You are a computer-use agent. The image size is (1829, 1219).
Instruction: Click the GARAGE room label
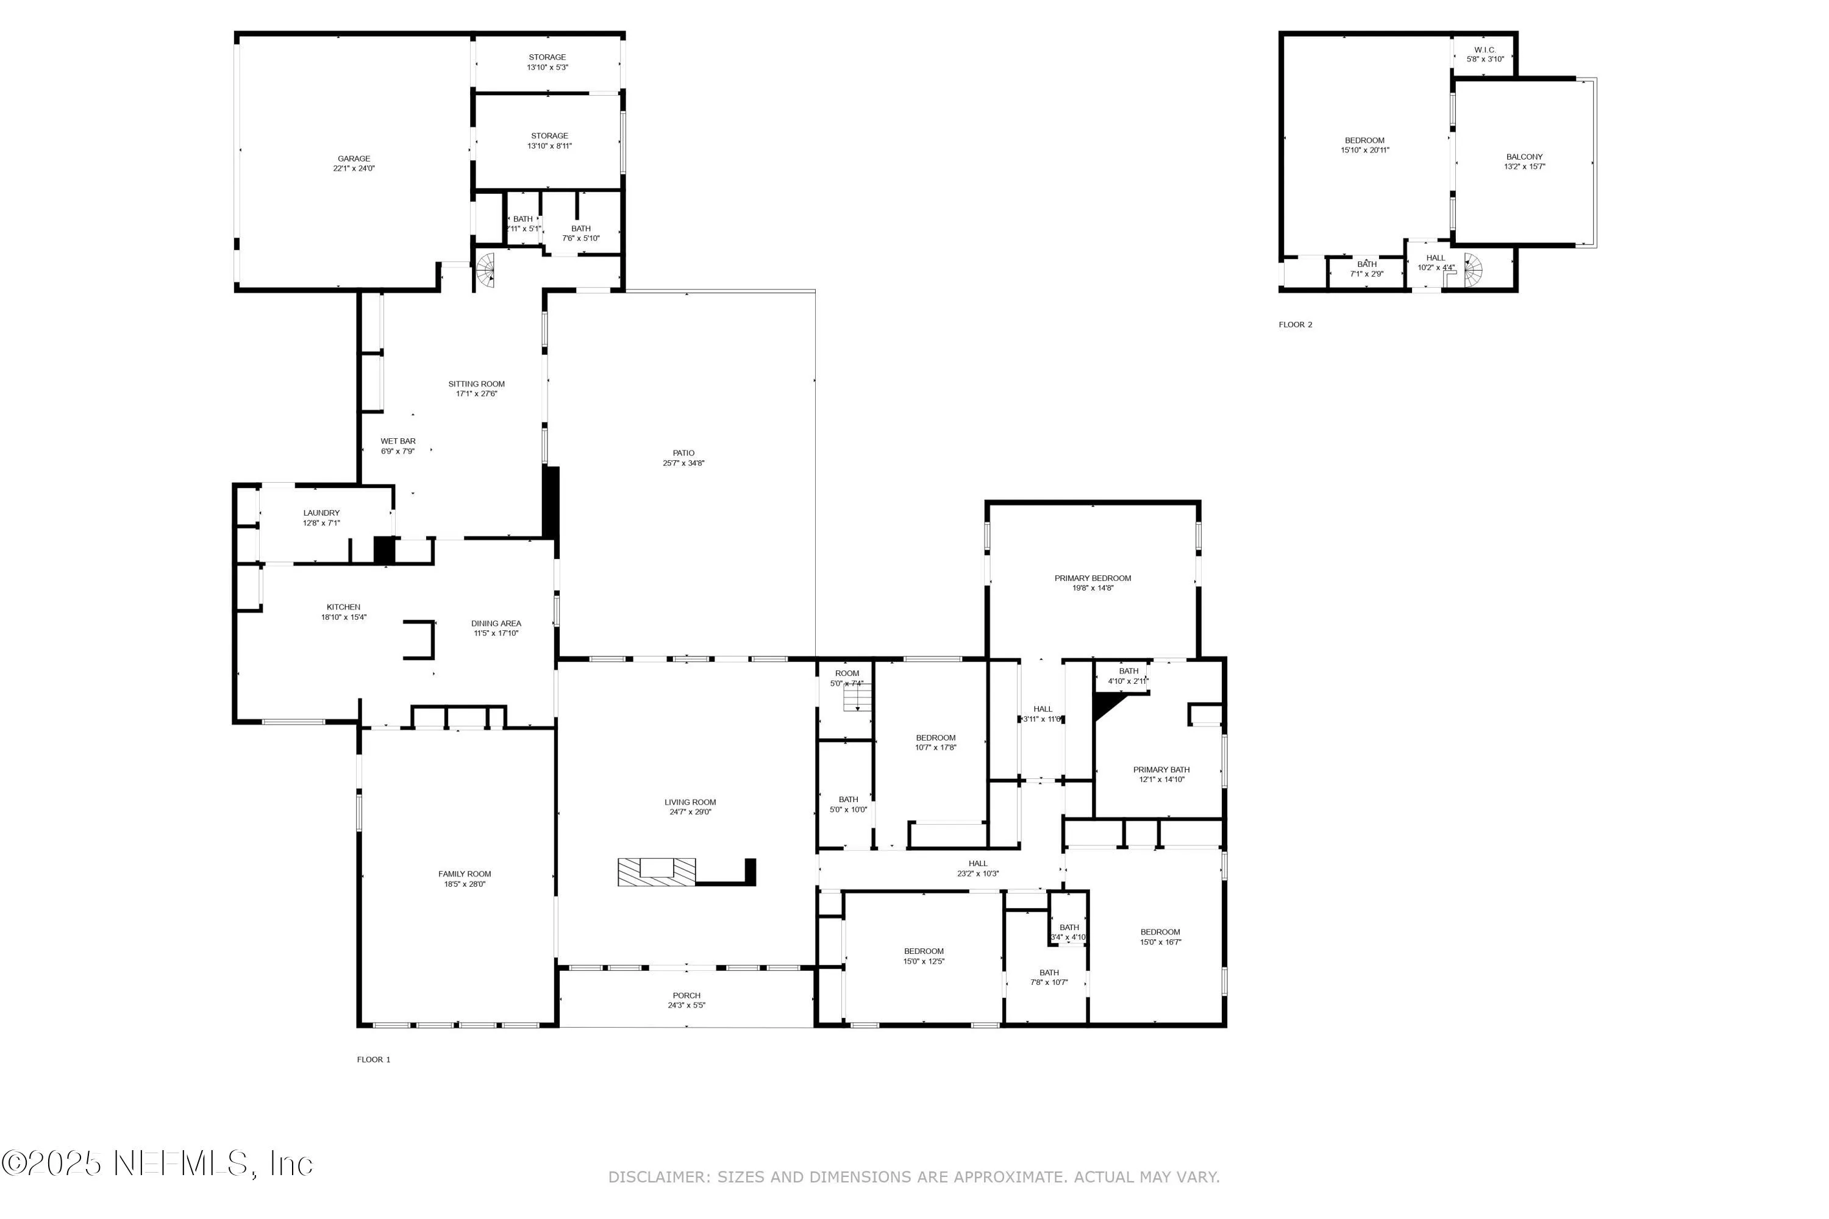point(354,158)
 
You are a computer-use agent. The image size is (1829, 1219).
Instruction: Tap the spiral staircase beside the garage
point(486,270)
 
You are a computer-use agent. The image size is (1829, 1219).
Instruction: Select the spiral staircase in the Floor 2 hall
point(1473,270)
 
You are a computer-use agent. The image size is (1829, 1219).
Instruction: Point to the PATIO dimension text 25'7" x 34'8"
point(683,463)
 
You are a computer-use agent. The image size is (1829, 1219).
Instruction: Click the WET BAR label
point(398,441)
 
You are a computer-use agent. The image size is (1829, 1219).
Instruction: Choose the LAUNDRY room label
point(321,513)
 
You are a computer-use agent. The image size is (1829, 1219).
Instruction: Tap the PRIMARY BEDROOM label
point(1093,578)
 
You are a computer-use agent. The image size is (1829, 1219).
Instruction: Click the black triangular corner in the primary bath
point(1106,705)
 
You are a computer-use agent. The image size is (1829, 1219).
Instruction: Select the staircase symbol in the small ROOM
point(858,699)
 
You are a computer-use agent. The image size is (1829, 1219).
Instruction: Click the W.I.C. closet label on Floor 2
point(1485,50)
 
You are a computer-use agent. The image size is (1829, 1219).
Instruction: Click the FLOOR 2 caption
point(1296,325)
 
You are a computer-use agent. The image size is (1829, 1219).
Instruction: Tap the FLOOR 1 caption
point(373,1060)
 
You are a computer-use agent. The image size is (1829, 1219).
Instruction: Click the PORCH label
point(686,995)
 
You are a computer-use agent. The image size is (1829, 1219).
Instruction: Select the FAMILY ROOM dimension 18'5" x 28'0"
point(465,884)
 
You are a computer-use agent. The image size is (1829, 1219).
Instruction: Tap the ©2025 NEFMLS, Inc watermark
point(157,1163)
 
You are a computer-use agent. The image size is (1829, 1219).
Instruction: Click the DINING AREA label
point(496,624)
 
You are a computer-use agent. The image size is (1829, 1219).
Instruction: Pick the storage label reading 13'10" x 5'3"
point(547,68)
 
